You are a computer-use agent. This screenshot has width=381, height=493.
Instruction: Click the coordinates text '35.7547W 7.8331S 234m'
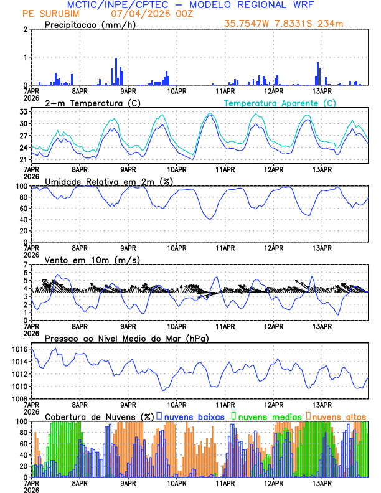pyautogui.click(x=284, y=24)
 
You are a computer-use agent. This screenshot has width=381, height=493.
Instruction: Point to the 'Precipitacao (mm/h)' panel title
pyautogui.click(x=90, y=25)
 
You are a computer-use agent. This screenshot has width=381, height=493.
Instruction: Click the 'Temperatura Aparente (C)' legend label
pyautogui.click(x=280, y=103)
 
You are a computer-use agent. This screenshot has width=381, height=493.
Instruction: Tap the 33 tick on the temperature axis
pyautogui.click(x=23, y=111)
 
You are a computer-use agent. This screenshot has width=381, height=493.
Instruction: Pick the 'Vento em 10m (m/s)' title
pyautogui.click(x=92, y=260)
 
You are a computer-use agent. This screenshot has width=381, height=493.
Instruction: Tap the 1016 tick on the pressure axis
pyautogui.click(x=19, y=350)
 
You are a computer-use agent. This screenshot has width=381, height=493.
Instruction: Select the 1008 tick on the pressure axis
pyautogui.click(x=19, y=398)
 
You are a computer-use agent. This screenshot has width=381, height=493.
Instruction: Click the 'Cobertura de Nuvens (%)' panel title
pyautogui.click(x=99, y=416)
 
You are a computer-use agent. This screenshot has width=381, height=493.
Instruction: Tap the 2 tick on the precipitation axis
pyautogui.click(x=26, y=29)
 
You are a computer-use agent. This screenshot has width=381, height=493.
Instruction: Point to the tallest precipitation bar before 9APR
pyautogui.click(x=116, y=72)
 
